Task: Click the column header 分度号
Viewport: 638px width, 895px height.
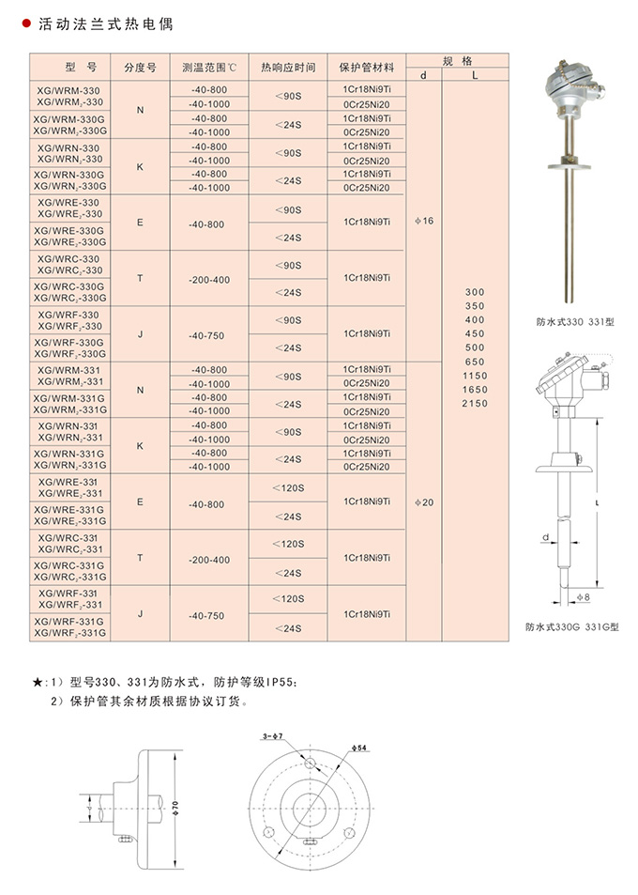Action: click(140, 69)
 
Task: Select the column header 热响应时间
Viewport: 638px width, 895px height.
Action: click(288, 69)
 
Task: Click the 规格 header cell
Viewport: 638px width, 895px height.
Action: click(455, 58)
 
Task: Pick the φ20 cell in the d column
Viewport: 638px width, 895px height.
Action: click(424, 502)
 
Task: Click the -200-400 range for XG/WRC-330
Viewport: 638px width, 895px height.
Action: click(208, 280)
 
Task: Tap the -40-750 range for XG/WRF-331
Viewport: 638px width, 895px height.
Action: click(208, 615)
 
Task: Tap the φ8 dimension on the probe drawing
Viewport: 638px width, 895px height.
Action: click(583, 597)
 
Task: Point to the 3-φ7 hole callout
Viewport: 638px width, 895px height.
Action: click(276, 737)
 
